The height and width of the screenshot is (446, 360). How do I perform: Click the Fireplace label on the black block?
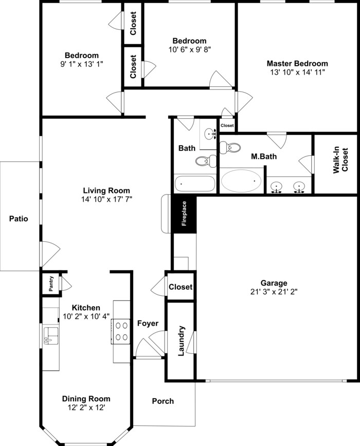(x=184, y=213)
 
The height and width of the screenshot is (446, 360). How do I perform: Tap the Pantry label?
(x=51, y=283)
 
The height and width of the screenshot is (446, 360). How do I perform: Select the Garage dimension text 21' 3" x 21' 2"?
(x=274, y=291)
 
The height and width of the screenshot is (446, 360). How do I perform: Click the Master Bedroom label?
(x=297, y=64)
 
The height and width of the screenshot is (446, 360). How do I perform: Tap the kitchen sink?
(x=50, y=335)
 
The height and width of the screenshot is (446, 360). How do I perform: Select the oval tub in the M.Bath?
(x=241, y=181)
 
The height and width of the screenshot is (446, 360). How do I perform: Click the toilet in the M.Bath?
(x=230, y=147)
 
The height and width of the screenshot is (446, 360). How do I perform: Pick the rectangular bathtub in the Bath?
(x=194, y=183)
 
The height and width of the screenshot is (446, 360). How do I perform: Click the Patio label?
(x=19, y=219)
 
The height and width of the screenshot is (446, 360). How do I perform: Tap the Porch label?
(x=163, y=401)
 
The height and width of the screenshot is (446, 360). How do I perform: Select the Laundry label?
(x=181, y=341)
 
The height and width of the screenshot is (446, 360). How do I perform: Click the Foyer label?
(x=148, y=324)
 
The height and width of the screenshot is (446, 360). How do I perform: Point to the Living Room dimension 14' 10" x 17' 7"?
(x=107, y=199)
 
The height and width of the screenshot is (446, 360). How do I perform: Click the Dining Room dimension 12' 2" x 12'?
(x=86, y=407)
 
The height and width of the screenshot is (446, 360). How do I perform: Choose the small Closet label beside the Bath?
(x=227, y=126)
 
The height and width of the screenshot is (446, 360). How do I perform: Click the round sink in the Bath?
(x=210, y=134)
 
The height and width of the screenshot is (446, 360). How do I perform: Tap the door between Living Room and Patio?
(x=50, y=254)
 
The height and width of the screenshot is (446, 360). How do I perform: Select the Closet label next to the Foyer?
(x=181, y=287)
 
